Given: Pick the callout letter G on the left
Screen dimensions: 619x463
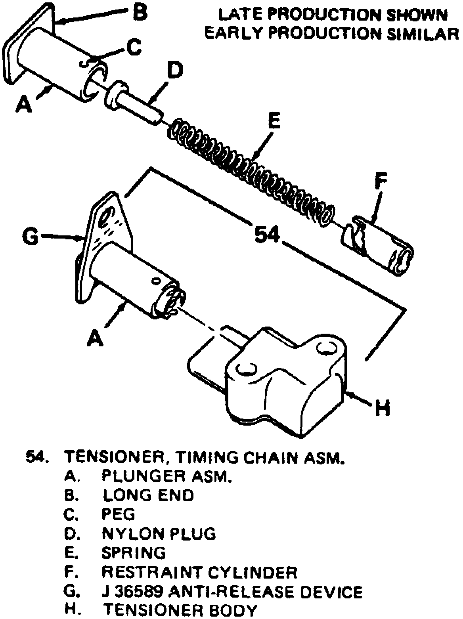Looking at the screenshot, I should (30, 237).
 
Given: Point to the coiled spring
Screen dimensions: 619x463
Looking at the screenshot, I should (250, 170).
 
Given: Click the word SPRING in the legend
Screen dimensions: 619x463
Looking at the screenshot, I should (134, 552).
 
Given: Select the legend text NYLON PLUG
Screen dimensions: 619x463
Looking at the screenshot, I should (159, 533).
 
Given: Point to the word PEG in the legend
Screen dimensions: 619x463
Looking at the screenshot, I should (118, 514).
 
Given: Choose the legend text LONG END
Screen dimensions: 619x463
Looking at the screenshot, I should (148, 495).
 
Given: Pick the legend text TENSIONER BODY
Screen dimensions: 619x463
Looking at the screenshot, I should (180, 611).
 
